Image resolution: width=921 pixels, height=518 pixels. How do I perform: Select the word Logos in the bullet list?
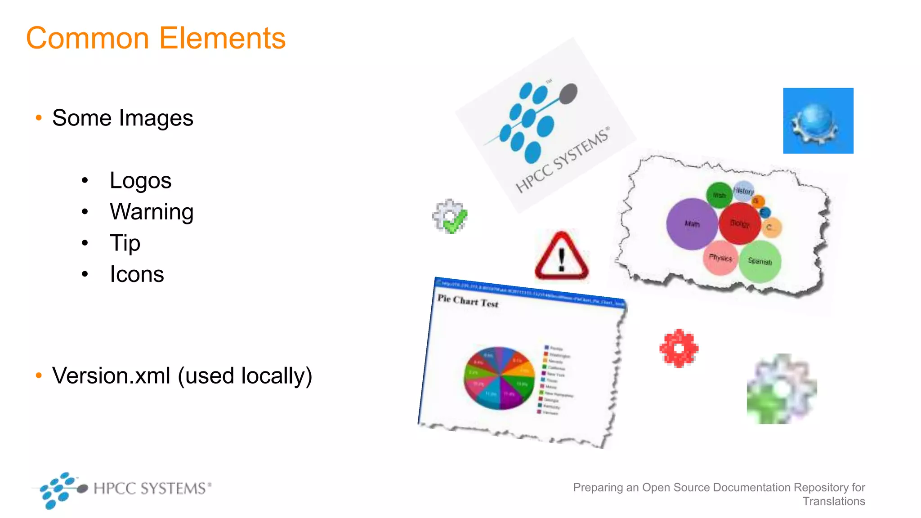(140, 181)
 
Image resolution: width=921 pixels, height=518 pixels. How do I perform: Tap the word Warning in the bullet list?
(152, 212)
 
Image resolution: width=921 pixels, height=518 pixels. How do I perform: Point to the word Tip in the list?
(125, 243)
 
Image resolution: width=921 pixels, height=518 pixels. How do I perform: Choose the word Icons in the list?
(137, 274)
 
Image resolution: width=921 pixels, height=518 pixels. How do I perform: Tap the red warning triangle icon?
(561, 257)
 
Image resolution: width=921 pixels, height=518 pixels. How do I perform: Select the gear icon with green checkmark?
(450, 216)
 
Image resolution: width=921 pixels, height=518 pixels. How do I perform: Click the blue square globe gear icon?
(818, 121)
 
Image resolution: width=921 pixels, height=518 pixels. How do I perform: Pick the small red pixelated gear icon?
(679, 348)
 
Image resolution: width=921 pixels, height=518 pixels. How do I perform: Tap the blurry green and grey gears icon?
(782, 389)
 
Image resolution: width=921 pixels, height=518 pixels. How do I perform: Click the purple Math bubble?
(692, 223)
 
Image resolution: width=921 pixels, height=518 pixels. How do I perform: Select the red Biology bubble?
(739, 223)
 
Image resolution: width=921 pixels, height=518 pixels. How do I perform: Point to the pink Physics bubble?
(720, 258)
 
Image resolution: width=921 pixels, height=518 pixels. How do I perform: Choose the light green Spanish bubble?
(760, 261)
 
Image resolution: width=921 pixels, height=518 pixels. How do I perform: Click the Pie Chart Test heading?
(468, 301)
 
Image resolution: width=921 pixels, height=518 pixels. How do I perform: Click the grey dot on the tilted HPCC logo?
(568, 94)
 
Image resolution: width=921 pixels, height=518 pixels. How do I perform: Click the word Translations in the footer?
(834, 501)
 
